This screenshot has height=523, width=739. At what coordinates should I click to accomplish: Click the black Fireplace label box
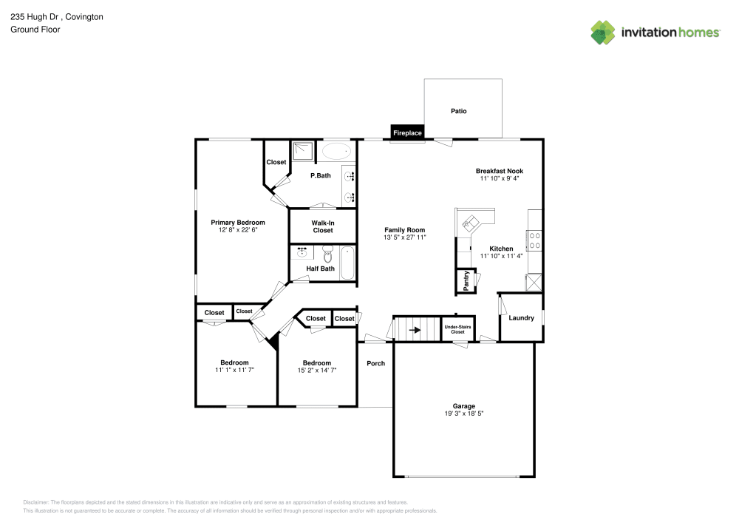pos(407,133)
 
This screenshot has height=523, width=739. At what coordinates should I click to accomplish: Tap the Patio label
pos(459,111)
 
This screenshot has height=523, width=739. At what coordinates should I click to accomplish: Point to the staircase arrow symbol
pos(415,330)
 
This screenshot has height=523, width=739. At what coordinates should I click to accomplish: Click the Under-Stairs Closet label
pos(458,329)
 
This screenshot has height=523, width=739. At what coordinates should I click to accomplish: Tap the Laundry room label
pos(521,318)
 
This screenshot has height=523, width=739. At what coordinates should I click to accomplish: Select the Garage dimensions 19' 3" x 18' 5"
pos(464,414)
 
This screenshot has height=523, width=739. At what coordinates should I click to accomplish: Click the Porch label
pos(376,363)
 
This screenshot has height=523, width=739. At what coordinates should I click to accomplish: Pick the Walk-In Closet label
pos(323,226)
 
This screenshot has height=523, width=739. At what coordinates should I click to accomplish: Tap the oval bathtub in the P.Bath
pos(338,152)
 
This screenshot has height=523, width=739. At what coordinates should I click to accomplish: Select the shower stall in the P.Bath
pos(303,152)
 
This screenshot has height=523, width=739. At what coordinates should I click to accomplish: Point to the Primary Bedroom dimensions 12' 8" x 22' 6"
pos(238,230)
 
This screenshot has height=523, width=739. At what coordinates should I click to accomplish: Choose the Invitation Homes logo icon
pos(603,32)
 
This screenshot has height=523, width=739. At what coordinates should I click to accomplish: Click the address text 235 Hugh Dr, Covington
pos(56,16)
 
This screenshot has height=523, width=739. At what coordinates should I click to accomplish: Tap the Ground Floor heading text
pos(35,30)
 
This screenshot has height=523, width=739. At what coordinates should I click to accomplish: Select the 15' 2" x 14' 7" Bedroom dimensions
pos(317,370)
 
